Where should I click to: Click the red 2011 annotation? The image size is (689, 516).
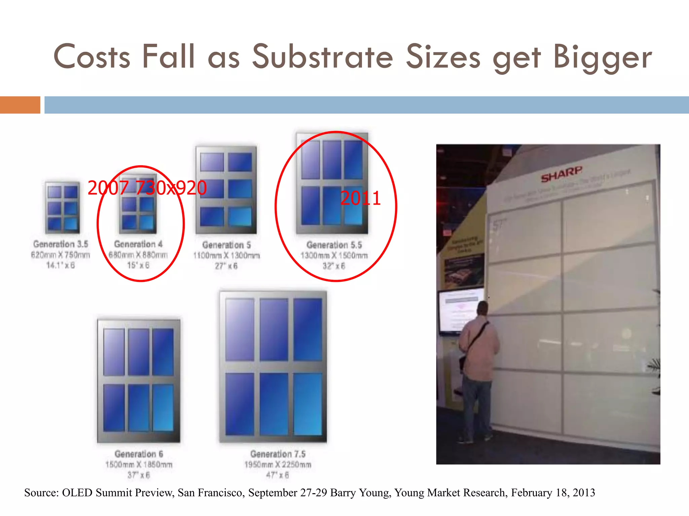click(x=360, y=198)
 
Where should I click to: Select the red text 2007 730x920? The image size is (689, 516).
click(x=147, y=188)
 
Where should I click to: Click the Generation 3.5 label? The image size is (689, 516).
click(x=61, y=244)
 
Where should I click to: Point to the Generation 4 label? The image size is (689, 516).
click(x=138, y=244)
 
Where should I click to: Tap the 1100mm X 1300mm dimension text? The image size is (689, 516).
click(x=226, y=256)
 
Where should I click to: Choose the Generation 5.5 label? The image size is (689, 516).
click(x=334, y=245)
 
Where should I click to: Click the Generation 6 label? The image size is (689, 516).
click(x=139, y=454)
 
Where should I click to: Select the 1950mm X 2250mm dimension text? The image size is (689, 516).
click(x=278, y=465)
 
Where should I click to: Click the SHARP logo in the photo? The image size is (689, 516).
click(x=561, y=174)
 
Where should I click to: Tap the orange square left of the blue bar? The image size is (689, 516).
click(x=20, y=105)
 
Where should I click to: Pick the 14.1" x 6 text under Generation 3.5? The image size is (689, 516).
click(x=61, y=265)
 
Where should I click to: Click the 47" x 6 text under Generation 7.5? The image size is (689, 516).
click(x=278, y=475)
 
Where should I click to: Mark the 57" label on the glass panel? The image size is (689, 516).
click(x=499, y=224)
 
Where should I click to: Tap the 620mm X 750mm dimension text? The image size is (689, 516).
click(x=61, y=255)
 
